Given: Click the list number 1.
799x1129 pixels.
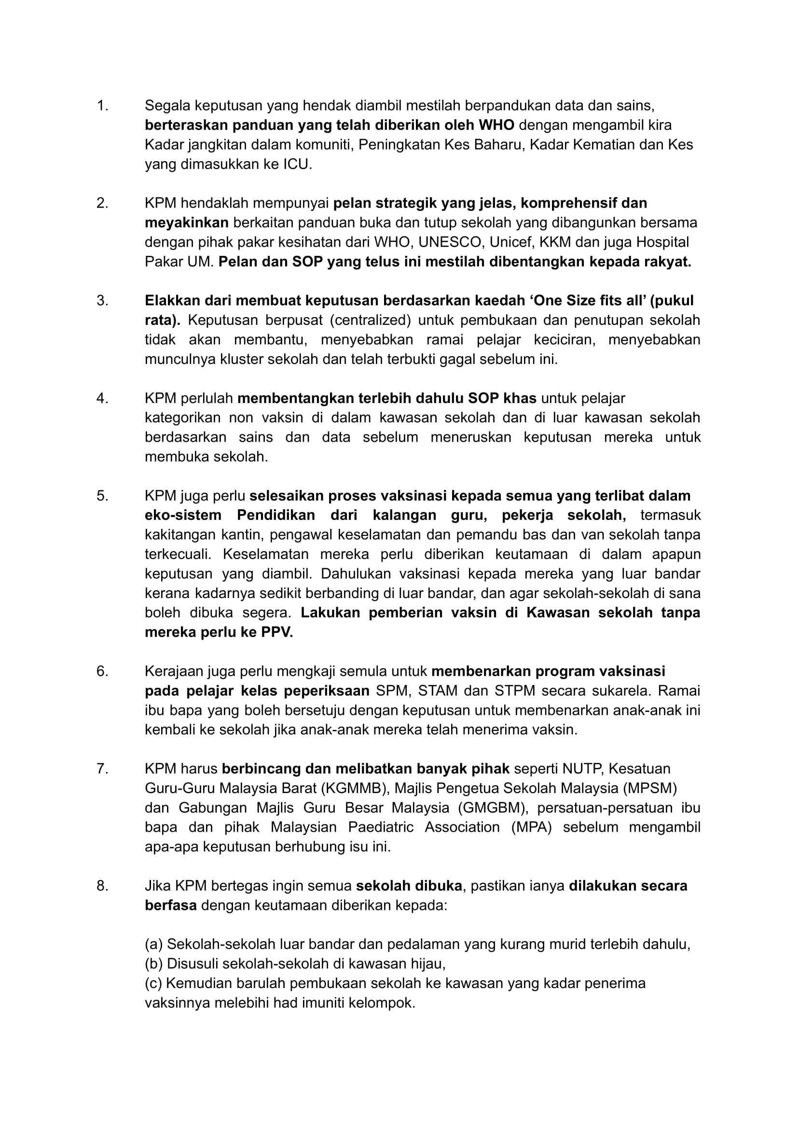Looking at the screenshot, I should (x=102, y=106).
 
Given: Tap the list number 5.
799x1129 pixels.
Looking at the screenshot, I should (x=102, y=496).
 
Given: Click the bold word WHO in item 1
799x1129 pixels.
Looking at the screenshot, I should (x=496, y=125).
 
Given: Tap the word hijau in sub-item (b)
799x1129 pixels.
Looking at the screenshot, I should (x=427, y=964).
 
